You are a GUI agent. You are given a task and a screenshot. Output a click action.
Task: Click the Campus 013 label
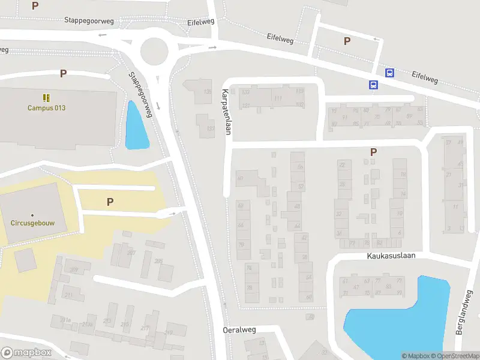(46, 108)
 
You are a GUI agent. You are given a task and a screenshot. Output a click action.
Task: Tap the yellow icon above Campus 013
(46, 97)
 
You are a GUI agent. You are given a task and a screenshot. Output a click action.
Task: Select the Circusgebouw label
(32, 222)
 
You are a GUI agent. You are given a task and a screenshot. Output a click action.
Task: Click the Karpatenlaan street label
(226, 112)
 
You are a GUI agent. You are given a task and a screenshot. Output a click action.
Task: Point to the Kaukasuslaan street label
(391, 256)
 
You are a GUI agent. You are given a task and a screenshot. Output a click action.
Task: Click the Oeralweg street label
(239, 330)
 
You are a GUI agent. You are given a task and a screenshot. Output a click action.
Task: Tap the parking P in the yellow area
(110, 202)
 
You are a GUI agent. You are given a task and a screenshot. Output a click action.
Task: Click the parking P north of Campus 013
(63, 73)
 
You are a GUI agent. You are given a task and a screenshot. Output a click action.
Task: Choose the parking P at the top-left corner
(35, 5)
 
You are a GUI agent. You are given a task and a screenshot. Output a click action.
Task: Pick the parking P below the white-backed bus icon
(373, 152)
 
